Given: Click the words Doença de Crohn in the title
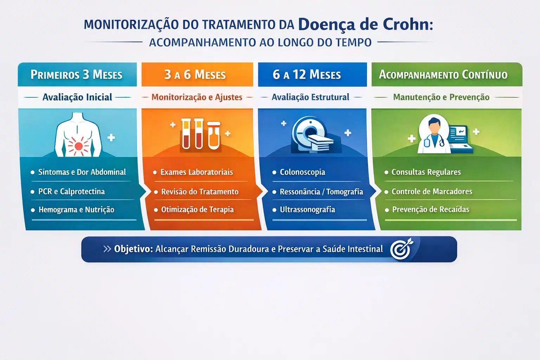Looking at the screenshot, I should pos(366,25).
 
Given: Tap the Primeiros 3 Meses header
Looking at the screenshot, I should pos(77,75).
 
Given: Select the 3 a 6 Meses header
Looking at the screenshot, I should pos(195,75).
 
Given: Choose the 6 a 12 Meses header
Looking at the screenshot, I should pos(307,75).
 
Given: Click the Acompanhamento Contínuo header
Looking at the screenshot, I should pos(443,75).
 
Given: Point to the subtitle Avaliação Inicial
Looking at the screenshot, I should pos(77,97).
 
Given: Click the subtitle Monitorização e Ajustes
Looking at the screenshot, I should pos(197,97).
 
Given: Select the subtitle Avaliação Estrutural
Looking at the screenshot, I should pos(310,97).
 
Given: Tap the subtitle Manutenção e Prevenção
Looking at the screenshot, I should pos(441,97).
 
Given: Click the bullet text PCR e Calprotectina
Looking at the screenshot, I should pos(71,192).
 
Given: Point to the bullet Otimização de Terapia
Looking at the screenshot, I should pos(197,210).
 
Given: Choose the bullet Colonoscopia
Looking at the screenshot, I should pos(302,172).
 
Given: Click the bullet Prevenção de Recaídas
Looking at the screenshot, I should pos(431,210).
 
